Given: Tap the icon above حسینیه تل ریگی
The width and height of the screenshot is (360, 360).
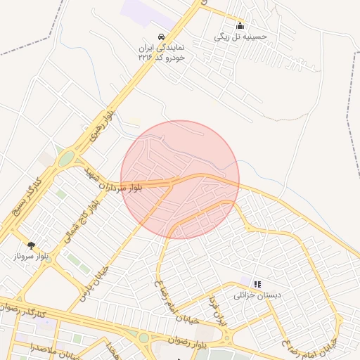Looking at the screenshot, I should tap(240, 25).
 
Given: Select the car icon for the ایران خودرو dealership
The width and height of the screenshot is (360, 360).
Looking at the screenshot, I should tap(162, 36).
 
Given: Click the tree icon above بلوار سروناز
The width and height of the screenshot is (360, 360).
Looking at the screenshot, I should tap(31, 245).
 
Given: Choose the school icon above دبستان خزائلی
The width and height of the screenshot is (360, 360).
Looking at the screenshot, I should tap(257, 284).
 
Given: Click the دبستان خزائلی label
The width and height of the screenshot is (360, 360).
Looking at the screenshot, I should tap(257, 295).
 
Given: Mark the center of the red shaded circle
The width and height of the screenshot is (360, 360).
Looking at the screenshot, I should tap(180, 179).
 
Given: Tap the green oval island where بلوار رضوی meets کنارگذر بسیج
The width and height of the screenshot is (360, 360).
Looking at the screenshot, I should tap(66, 159).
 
